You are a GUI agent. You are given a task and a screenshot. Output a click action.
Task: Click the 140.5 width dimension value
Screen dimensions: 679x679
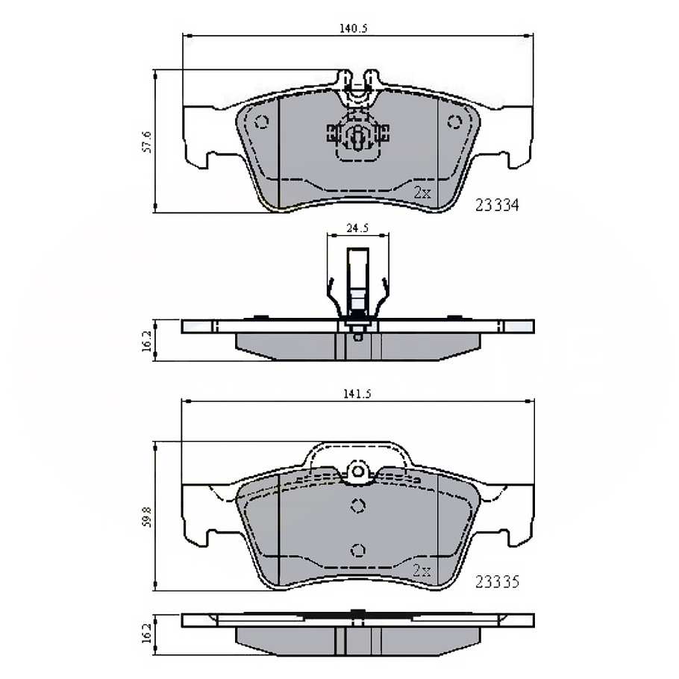(x=354, y=28)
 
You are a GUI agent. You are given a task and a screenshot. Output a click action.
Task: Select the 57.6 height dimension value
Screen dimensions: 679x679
(x=147, y=142)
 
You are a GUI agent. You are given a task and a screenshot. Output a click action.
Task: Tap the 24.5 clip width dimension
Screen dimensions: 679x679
(x=357, y=228)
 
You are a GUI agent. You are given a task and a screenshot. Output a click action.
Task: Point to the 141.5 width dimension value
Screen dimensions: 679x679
(x=357, y=394)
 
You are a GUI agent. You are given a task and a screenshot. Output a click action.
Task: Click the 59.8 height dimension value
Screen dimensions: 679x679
(x=147, y=516)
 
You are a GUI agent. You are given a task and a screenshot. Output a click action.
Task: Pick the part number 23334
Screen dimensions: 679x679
(x=497, y=205)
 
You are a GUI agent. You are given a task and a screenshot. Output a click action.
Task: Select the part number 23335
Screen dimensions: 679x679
(x=497, y=581)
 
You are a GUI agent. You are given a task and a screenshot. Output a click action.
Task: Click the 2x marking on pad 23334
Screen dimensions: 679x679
(x=422, y=193)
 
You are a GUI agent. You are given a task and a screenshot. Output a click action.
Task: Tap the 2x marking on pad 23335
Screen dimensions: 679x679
(x=422, y=571)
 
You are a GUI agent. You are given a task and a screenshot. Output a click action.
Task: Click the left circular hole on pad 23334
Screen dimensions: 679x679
(x=262, y=122)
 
